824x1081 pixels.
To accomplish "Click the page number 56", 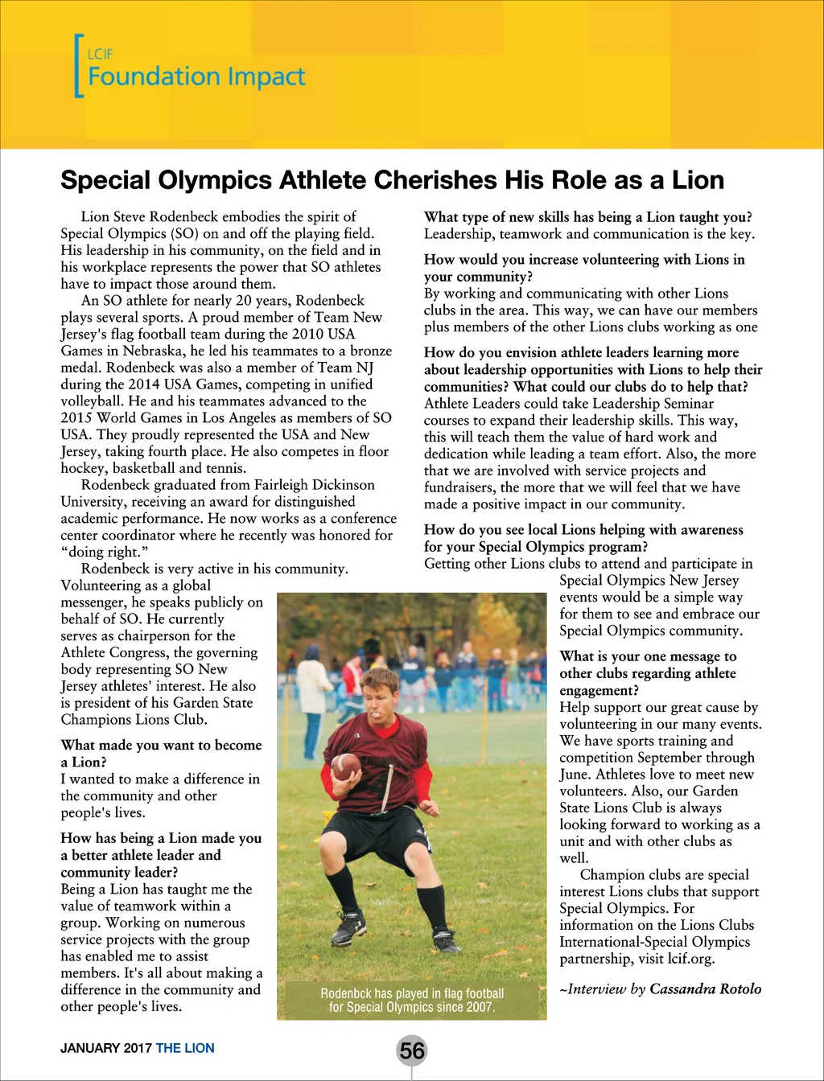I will [x=411, y=1050].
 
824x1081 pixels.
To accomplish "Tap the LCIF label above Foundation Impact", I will [x=100, y=55].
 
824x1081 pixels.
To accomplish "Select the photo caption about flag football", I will [x=412, y=1000].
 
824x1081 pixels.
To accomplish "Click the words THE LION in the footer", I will [x=185, y=1048].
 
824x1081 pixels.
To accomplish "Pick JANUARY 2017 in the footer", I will [x=106, y=1048].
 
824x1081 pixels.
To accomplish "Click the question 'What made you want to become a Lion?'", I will [x=161, y=754].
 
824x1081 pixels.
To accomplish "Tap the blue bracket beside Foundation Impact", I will [x=78, y=66].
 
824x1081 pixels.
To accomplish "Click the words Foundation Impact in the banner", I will [x=196, y=77].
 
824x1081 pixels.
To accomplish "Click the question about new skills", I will [x=588, y=217].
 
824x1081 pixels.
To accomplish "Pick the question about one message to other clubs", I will [x=648, y=673].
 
